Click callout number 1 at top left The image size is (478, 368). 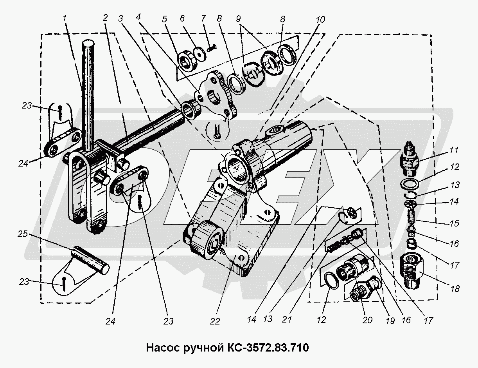65,18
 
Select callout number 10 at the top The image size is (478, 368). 320,18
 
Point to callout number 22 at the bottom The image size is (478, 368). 215,321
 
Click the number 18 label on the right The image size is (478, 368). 454,289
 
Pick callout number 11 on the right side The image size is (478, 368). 454,150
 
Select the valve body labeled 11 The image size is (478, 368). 410,160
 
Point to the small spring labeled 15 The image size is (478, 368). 410,216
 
